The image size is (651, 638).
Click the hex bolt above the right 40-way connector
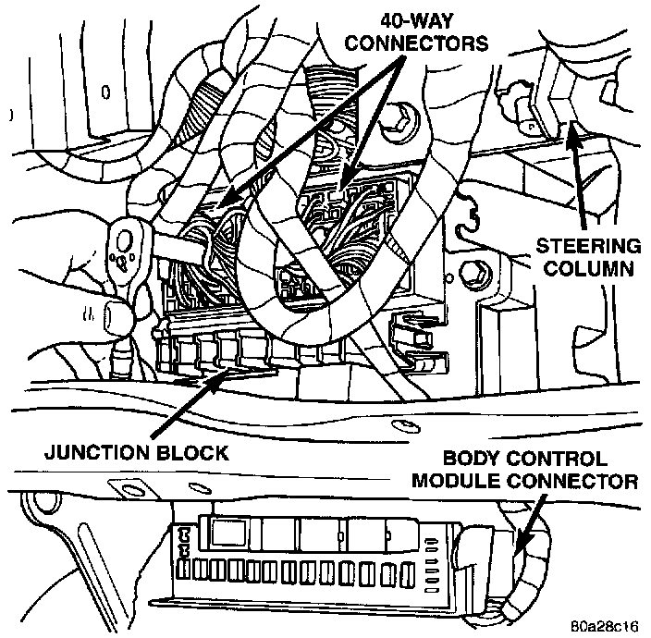click(x=403, y=118)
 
